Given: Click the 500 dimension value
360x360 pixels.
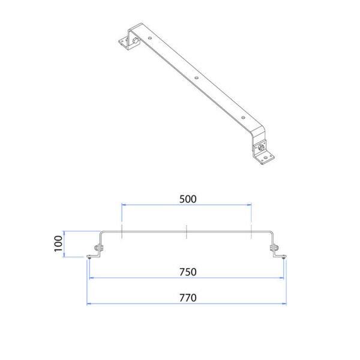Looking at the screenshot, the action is (x=188, y=199).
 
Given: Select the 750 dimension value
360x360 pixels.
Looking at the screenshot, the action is (x=188, y=272).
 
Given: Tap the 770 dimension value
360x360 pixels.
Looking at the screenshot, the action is (x=188, y=298).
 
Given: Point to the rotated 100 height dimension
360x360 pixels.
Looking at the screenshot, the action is (x=58, y=244).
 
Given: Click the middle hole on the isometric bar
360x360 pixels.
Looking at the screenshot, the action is (x=196, y=78).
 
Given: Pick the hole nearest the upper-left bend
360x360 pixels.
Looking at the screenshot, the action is (x=150, y=38).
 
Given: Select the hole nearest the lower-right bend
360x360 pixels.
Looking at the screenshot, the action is (x=243, y=118).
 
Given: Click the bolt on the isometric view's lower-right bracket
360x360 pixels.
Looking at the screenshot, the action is (x=260, y=147).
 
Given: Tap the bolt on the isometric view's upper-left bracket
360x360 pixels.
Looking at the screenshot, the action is (x=135, y=41).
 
